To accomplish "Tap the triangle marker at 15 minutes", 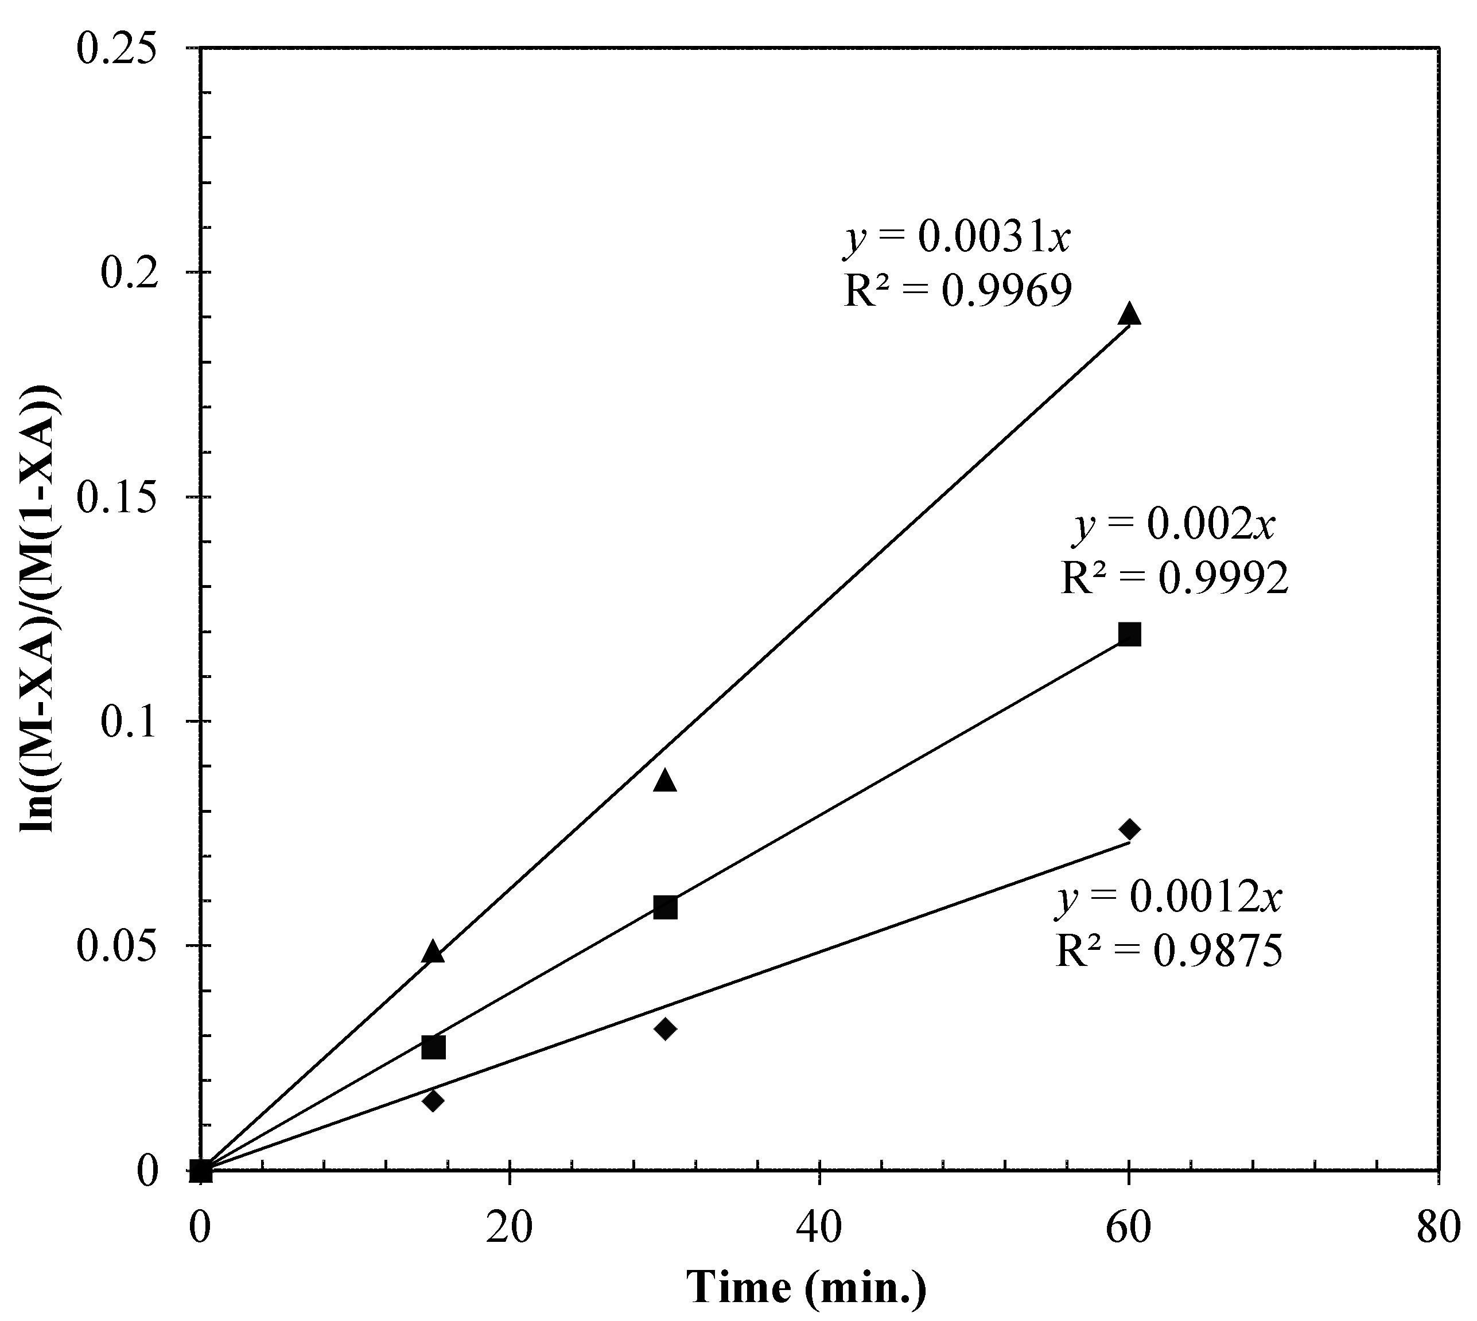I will click(433, 952).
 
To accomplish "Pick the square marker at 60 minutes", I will click(1129, 634).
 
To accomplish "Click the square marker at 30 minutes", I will click(664, 906).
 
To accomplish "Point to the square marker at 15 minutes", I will click(433, 1047).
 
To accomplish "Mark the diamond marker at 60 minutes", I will click(1129, 829).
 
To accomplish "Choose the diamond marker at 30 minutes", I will click(664, 1028).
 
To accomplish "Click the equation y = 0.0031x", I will click(957, 238).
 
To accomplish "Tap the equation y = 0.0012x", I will click(1169, 898).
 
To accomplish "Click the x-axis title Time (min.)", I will click(806, 1287).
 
